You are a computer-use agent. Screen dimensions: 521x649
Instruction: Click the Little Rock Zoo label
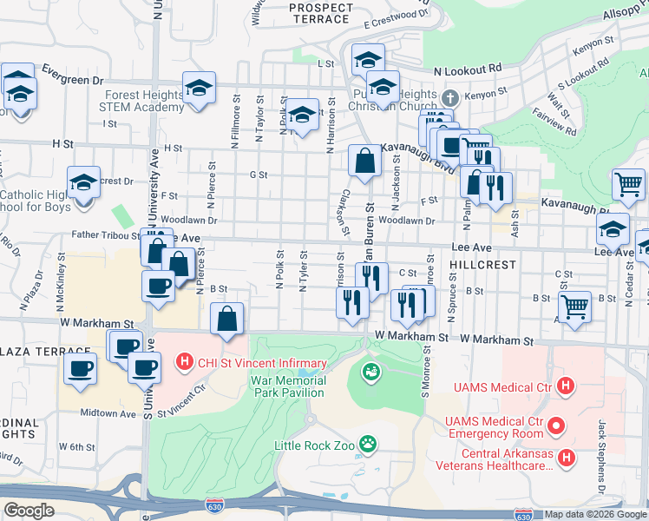coord(317,445)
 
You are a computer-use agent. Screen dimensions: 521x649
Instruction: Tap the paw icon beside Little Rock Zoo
coord(369,444)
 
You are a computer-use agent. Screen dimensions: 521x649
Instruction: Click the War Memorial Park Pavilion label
coord(289,386)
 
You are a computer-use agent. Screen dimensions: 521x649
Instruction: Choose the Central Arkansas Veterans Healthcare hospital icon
coord(566,456)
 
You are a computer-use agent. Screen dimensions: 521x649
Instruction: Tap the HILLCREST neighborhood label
coord(482,264)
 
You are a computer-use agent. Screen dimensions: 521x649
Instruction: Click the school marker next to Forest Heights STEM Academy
coord(199,89)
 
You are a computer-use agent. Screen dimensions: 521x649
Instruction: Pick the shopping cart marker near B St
coord(574,307)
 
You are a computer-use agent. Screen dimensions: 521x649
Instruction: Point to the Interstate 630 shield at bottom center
coord(214,505)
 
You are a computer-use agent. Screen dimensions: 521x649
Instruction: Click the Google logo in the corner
coord(29,510)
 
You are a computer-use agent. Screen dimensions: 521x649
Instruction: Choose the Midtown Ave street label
coord(109,414)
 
